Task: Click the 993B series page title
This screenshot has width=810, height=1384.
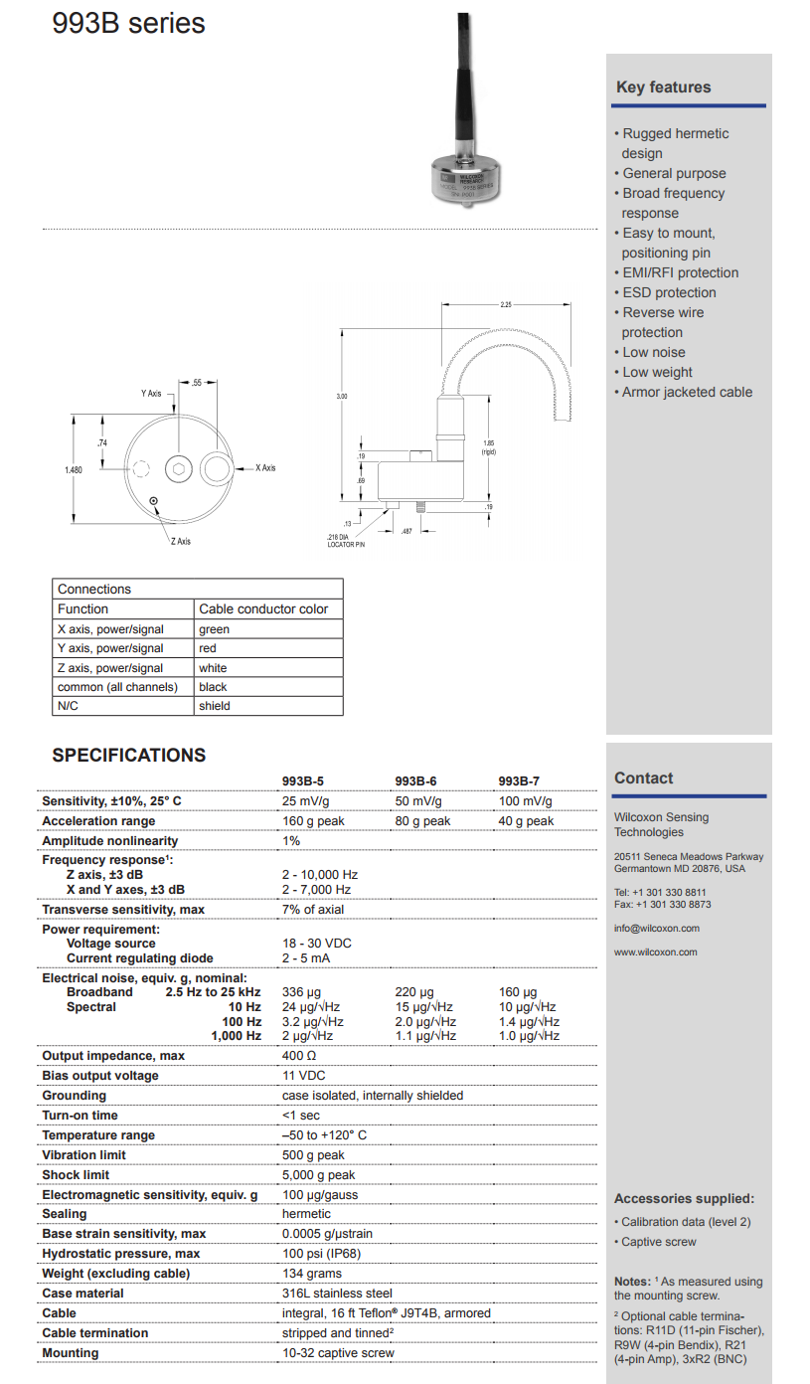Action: pyautogui.click(x=128, y=23)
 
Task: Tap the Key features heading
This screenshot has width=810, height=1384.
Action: pyautogui.click(x=663, y=87)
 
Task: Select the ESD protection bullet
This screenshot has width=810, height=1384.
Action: pyautogui.click(x=669, y=292)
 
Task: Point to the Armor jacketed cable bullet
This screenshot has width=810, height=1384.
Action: pyautogui.click(x=687, y=392)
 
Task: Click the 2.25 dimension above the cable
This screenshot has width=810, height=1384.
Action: pyautogui.click(x=507, y=304)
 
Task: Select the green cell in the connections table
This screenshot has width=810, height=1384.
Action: pyautogui.click(x=214, y=629)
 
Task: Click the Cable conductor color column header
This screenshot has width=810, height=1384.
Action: pyautogui.click(x=263, y=608)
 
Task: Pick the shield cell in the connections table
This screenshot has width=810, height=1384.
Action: pyautogui.click(x=214, y=706)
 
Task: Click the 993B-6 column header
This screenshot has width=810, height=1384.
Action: pyautogui.click(x=415, y=781)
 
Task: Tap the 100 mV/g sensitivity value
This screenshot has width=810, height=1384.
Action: pyautogui.click(x=525, y=801)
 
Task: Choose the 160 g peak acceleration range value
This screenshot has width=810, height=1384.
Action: pyautogui.click(x=313, y=821)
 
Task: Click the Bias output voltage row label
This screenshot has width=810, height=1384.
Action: pyautogui.click(x=100, y=1076)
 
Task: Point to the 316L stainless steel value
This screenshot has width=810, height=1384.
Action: pyautogui.click(x=337, y=1294)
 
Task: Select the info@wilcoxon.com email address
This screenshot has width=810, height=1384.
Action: pyautogui.click(x=656, y=929)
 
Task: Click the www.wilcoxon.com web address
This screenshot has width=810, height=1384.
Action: pyautogui.click(x=655, y=952)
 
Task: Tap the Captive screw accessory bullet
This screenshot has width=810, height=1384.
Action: pyautogui.click(x=658, y=1242)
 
